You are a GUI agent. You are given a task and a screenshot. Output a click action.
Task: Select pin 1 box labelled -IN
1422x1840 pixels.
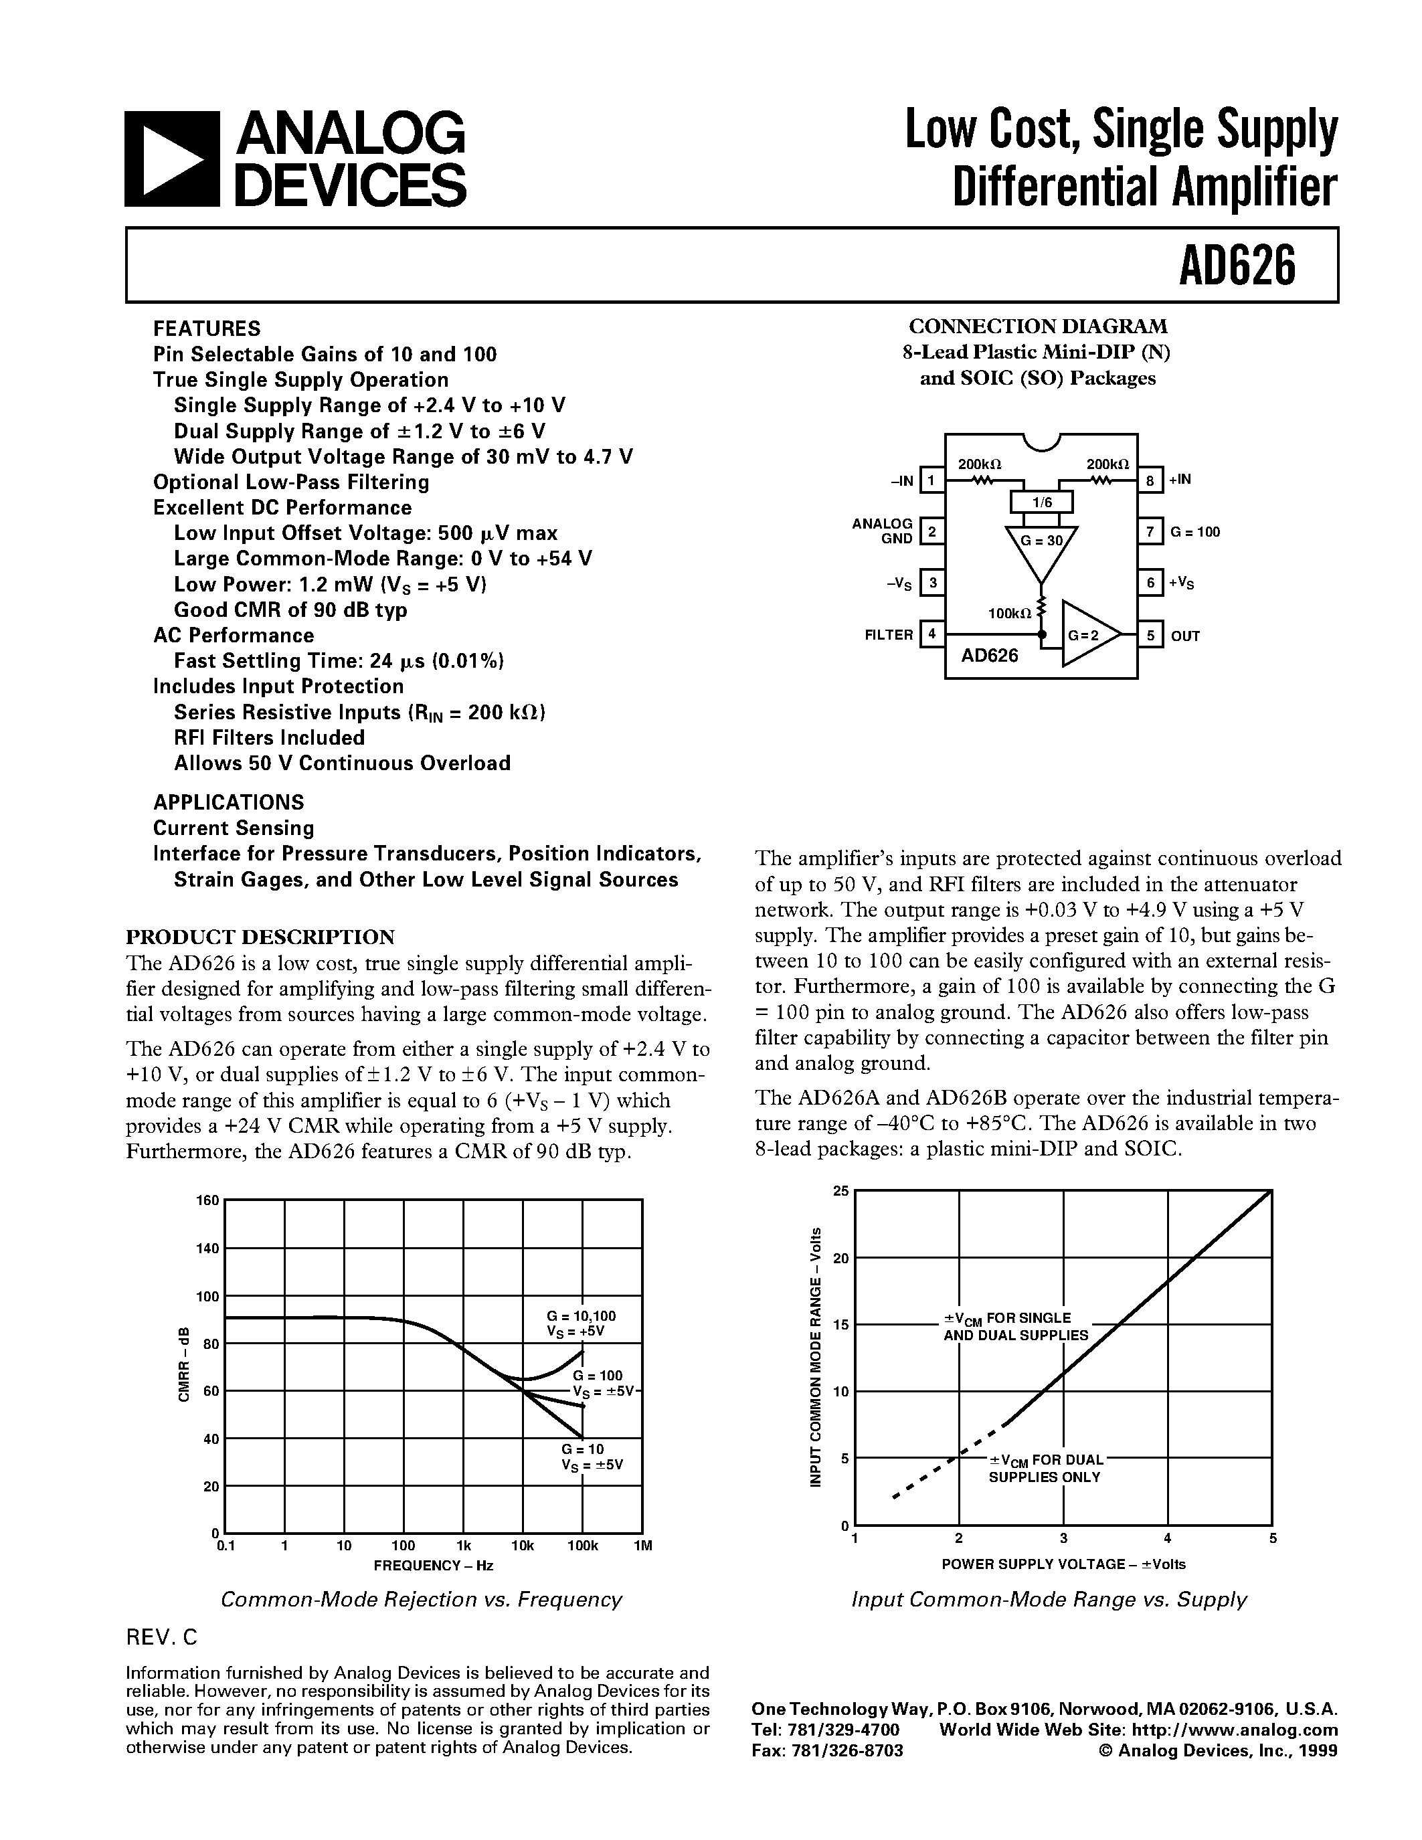click(x=931, y=480)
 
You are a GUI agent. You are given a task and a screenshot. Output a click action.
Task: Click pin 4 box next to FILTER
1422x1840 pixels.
click(x=931, y=634)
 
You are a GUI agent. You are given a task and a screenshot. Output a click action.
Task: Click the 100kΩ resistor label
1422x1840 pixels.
click(x=1008, y=614)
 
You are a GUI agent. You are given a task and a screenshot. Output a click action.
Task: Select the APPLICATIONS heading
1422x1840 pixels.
click(x=228, y=802)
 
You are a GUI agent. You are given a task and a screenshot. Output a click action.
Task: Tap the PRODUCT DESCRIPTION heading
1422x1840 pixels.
click(x=260, y=937)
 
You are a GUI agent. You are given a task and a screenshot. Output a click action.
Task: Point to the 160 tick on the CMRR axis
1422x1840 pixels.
click(x=208, y=1200)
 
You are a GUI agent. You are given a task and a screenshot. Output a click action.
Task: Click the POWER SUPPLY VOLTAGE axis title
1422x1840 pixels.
click(x=1063, y=1564)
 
